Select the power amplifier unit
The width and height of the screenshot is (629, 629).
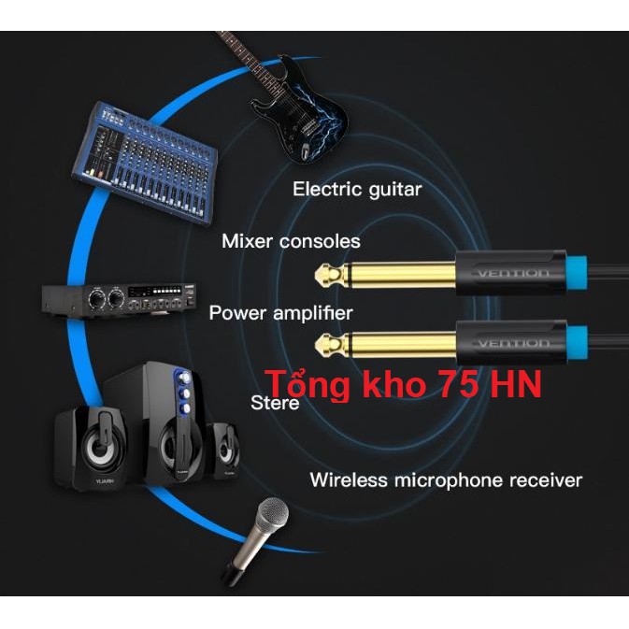point(118,298)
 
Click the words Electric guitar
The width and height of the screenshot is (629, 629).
point(357,190)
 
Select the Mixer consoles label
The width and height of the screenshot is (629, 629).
point(291,241)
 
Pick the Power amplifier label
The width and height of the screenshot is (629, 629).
point(280,312)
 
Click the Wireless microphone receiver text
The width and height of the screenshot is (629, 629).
point(446,480)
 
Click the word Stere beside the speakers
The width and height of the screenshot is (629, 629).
point(275,403)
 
